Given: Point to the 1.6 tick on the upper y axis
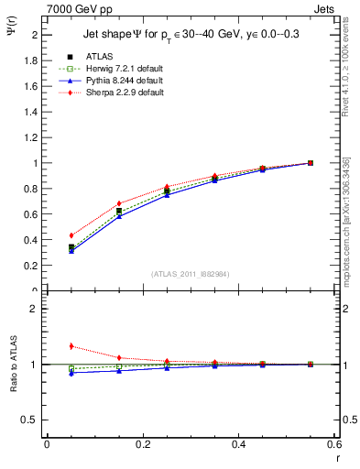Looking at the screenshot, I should click(31, 86).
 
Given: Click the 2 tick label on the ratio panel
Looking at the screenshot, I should click(35, 309).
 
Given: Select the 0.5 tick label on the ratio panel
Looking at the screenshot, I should click(31, 420).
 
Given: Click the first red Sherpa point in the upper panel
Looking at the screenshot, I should click(47, 235).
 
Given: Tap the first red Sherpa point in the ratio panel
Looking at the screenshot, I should click(47, 346).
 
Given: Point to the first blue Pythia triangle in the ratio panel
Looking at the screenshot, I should click(47, 373).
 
